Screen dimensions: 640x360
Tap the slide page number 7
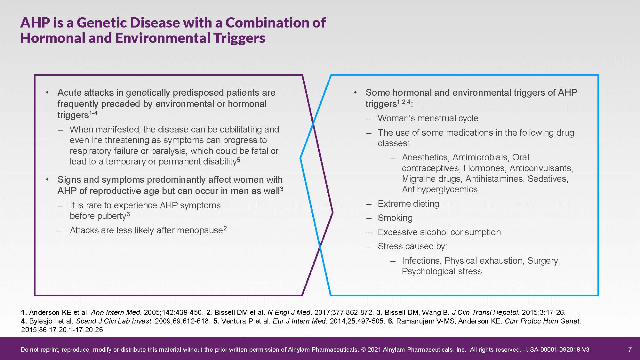[630, 349]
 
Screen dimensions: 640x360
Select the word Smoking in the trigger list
[395, 218]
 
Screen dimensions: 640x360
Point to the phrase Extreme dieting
[408, 204]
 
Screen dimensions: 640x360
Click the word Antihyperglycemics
[440, 189]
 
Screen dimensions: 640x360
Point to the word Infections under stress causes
[422, 261]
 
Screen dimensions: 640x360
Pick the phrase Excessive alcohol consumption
[439, 232]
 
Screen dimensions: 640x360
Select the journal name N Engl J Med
[289, 312]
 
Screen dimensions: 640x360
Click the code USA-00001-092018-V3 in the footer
[557, 349]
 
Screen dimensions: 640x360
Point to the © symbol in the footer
[363, 349]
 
